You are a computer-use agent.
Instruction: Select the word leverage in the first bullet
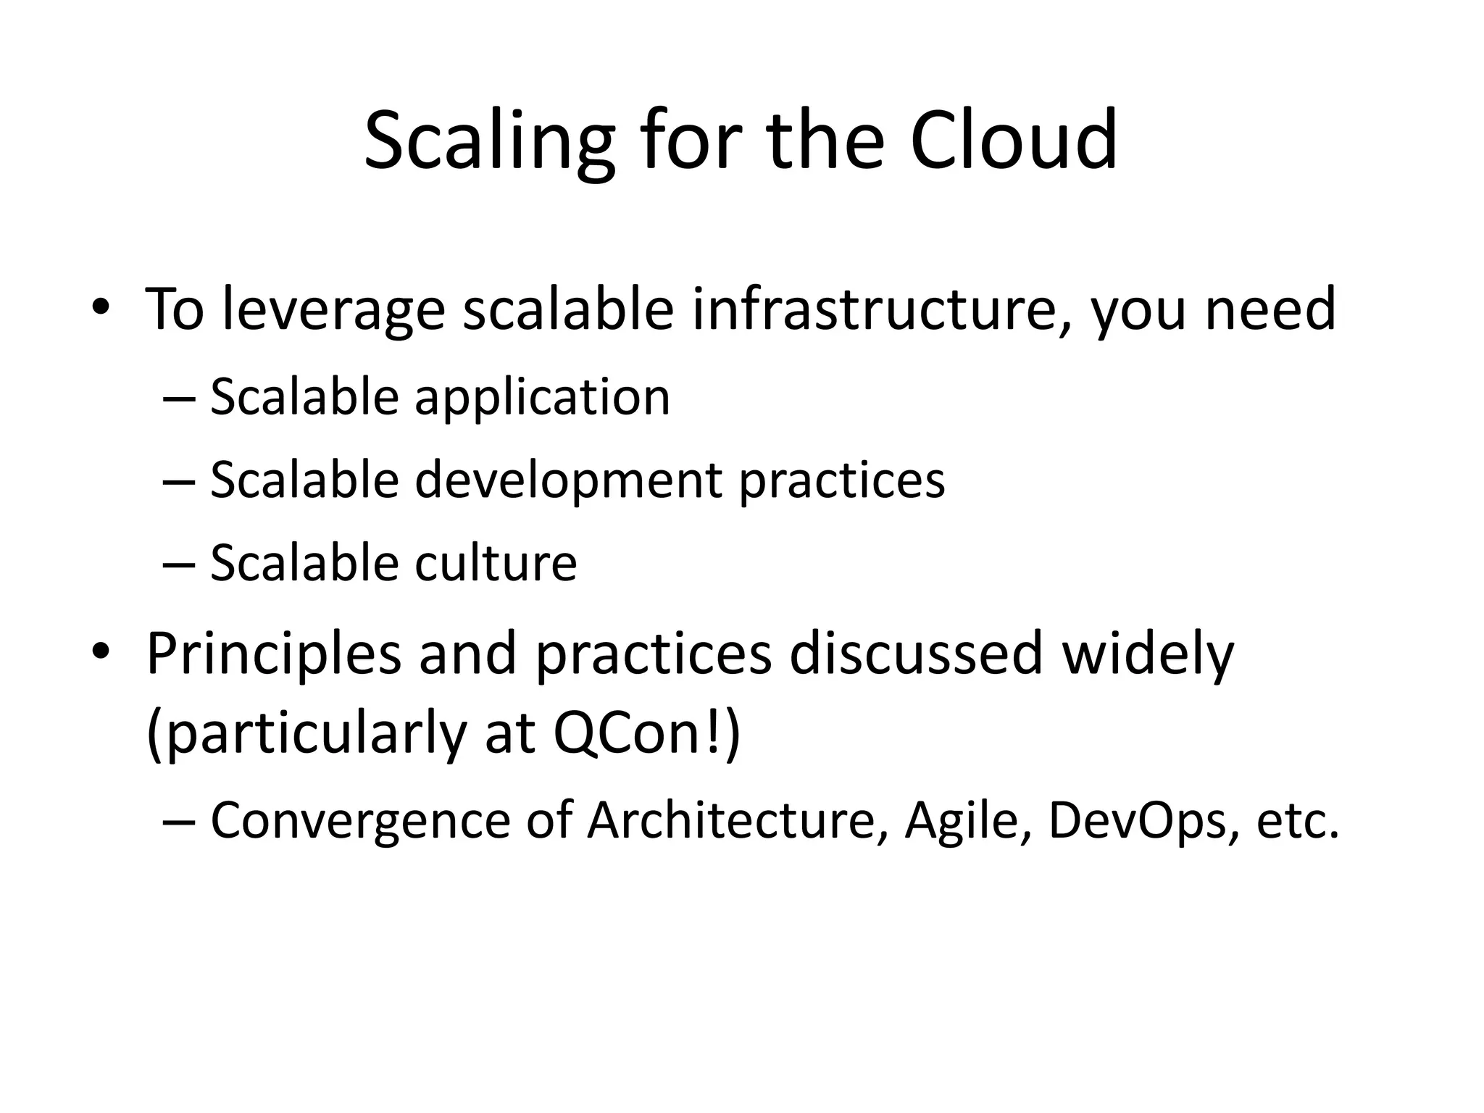pyautogui.click(x=333, y=309)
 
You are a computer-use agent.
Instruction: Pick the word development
pyautogui.click(x=568, y=480)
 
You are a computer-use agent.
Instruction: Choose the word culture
pyautogui.click(x=496, y=562)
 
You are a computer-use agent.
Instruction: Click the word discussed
pyautogui.click(x=916, y=654)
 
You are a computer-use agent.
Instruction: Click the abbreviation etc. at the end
pyautogui.click(x=1297, y=821)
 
